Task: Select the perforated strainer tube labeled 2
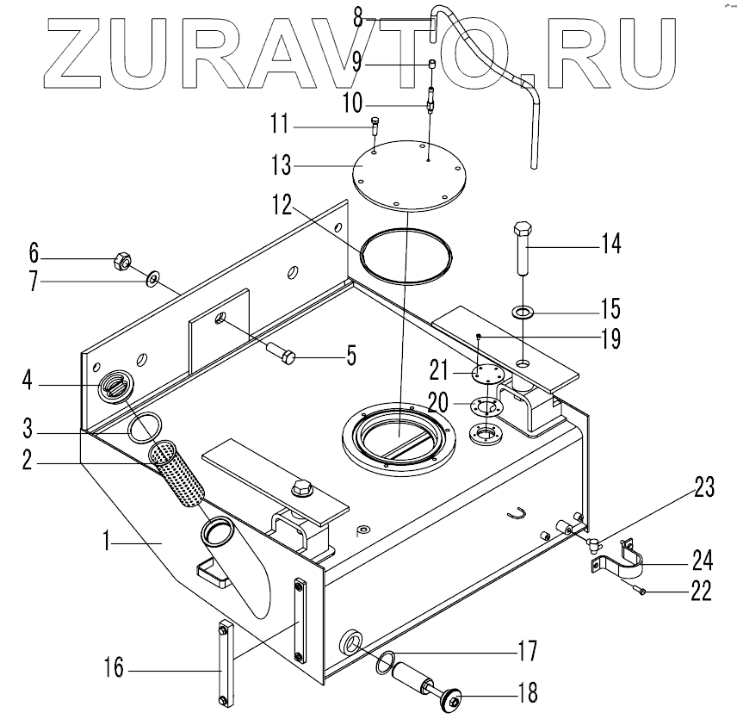tap(178, 473)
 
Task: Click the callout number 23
tap(703, 488)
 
